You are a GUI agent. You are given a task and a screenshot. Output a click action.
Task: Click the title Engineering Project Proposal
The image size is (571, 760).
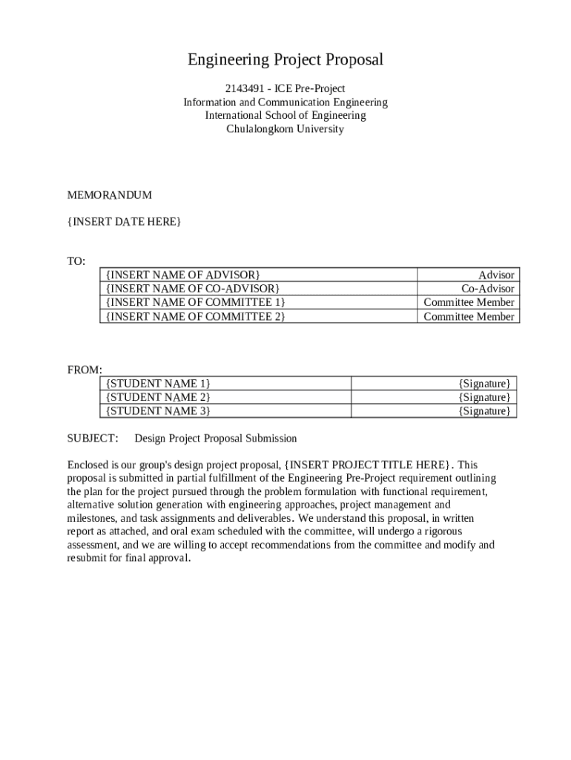coord(285,59)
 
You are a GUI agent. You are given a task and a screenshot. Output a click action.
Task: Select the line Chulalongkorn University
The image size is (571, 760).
coord(285,129)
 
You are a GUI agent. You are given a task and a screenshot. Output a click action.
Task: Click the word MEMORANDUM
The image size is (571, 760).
coord(110,195)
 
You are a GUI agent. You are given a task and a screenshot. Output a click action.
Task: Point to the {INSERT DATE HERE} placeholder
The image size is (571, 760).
coord(124,222)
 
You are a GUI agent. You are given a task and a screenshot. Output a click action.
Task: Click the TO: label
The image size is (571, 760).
coord(76,261)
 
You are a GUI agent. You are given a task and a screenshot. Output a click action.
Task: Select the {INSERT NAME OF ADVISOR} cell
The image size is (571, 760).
coord(183,275)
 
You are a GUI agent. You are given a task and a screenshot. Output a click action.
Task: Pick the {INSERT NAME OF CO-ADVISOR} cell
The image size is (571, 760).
coord(193,288)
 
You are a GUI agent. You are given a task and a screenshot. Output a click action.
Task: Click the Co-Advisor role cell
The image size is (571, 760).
coord(487,288)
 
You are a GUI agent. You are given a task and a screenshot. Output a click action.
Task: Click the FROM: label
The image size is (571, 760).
coord(85,370)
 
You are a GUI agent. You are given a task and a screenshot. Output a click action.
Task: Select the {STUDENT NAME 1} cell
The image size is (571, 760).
coord(158,383)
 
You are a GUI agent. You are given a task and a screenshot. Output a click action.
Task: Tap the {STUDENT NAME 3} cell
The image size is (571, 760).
coord(158,410)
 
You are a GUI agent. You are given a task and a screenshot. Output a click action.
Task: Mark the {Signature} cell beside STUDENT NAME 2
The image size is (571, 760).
coord(484,397)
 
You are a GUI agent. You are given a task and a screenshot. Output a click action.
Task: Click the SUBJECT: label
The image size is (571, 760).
coord(93,438)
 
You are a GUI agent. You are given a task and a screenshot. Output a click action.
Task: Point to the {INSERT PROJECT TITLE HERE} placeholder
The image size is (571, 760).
coord(369,465)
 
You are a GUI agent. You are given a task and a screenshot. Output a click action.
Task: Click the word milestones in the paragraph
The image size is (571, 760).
coord(91,518)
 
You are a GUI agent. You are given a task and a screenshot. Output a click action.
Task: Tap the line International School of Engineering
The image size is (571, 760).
coord(285,116)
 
